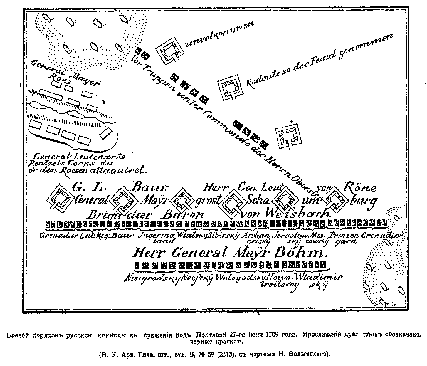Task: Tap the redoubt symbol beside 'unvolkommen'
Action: coord(169,51)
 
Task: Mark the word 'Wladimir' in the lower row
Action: coord(318,277)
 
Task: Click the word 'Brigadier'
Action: coord(119,215)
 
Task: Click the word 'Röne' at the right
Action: coord(360,188)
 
